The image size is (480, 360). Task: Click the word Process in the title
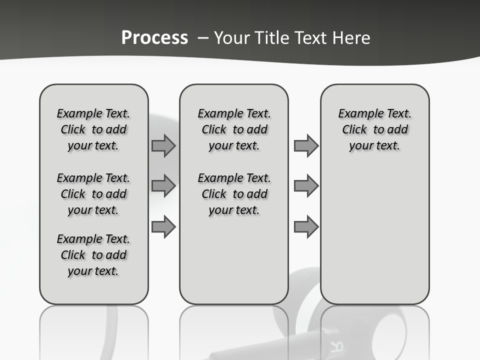point(154,38)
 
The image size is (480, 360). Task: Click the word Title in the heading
point(270,38)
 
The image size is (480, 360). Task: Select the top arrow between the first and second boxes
point(163,146)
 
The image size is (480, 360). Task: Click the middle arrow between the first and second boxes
point(163,186)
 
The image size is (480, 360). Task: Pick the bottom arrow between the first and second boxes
point(163,226)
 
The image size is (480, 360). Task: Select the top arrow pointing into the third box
point(306,146)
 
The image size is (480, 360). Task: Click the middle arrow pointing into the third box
point(306,186)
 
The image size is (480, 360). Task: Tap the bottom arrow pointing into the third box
point(306,226)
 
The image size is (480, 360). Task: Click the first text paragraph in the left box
point(93,129)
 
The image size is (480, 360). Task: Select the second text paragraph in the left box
point(93,194)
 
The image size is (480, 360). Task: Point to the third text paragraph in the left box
point(93,255)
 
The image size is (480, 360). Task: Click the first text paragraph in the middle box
point(234,129)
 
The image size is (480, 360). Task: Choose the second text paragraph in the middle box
point(234,194)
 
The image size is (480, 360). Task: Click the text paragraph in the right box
point(374,129)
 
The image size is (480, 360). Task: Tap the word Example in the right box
point(358,114)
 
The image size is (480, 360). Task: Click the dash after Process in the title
point(203,38)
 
